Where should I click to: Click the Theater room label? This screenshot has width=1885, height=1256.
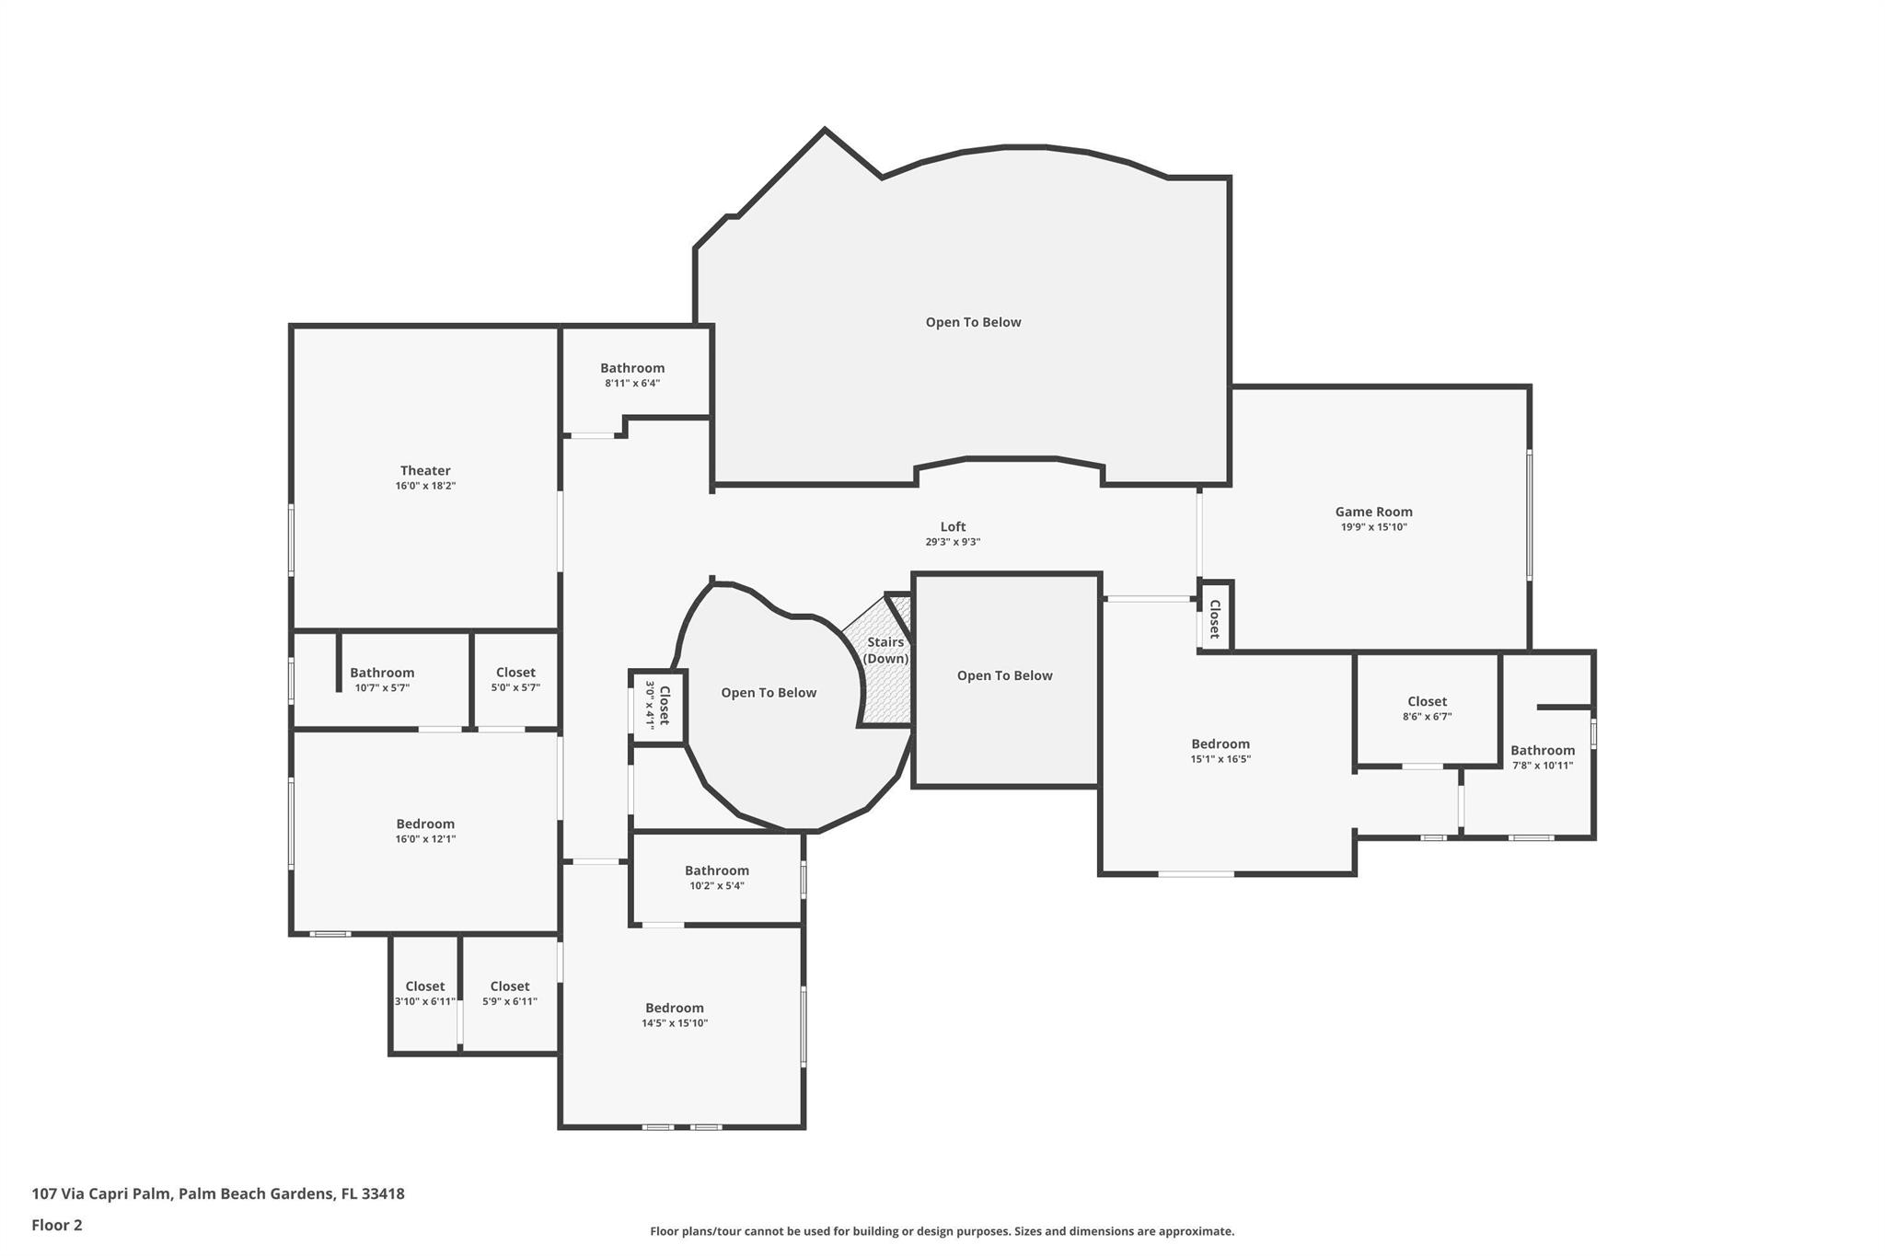click(x=424, y=471)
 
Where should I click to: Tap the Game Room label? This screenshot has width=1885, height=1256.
click(x=1373, y=513)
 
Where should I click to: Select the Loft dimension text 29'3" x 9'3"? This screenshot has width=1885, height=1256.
click(x=953, y=542)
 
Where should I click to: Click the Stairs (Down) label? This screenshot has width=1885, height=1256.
click(x=885, y=650)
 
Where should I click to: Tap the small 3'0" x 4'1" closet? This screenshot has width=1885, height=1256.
click(x=658, y=706)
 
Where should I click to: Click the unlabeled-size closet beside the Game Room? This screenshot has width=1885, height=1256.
click(x=1215, y=618)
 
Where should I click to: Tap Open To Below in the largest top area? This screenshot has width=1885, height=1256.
click(x=973, y=322)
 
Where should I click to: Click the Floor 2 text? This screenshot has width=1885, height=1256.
click(x=57, y=1225)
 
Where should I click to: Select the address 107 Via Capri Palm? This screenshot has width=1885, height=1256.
click(x=218, y=1193)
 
